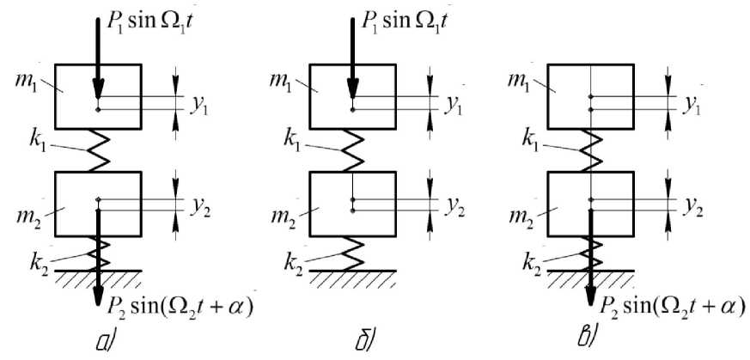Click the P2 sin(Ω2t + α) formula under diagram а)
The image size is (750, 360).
pyautogui.click(x=183, y=307)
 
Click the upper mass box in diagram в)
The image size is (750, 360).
pyautogui.click(x=589, y=95)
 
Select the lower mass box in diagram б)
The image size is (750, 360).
pyautogui.click(x=352, y=204)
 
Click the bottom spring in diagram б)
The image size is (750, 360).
pyautogui.click(x=352, y=254)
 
